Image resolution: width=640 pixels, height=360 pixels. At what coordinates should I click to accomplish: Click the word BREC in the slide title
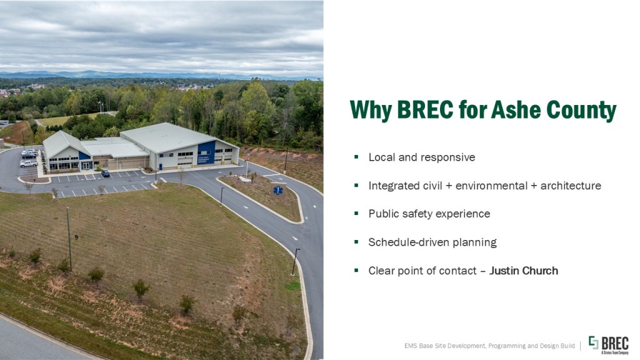[x=425, y=109]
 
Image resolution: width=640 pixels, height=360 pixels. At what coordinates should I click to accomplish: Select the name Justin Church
[x=524, y=271]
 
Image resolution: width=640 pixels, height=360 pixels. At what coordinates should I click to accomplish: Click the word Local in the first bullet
[x=382, y=157]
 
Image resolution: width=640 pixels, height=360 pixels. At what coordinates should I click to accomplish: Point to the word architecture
[x=571, y=186]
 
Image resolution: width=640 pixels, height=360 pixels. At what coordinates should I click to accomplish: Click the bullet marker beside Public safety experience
[x=356, y=213]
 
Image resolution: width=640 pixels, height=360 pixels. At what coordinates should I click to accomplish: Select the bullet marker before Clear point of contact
[x=356, y=270]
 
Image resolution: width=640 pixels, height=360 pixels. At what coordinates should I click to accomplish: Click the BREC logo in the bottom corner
[x=608, y=345]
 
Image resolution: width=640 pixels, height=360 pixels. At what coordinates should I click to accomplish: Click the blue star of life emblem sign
[x=278, y=190]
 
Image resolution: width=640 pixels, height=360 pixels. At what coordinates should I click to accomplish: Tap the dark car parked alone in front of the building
[x=105, y=173]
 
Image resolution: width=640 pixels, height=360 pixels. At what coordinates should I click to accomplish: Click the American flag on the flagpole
[x=247, y=154]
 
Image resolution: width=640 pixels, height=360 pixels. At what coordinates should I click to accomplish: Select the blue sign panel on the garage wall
[x=206, y=152]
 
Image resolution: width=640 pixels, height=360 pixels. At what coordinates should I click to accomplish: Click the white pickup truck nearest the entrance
[x=28, y=164]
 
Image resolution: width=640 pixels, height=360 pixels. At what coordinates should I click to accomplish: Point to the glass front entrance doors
[x=86, y=165]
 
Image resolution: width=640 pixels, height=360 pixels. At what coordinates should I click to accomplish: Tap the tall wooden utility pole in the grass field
[x=69, y=238]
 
